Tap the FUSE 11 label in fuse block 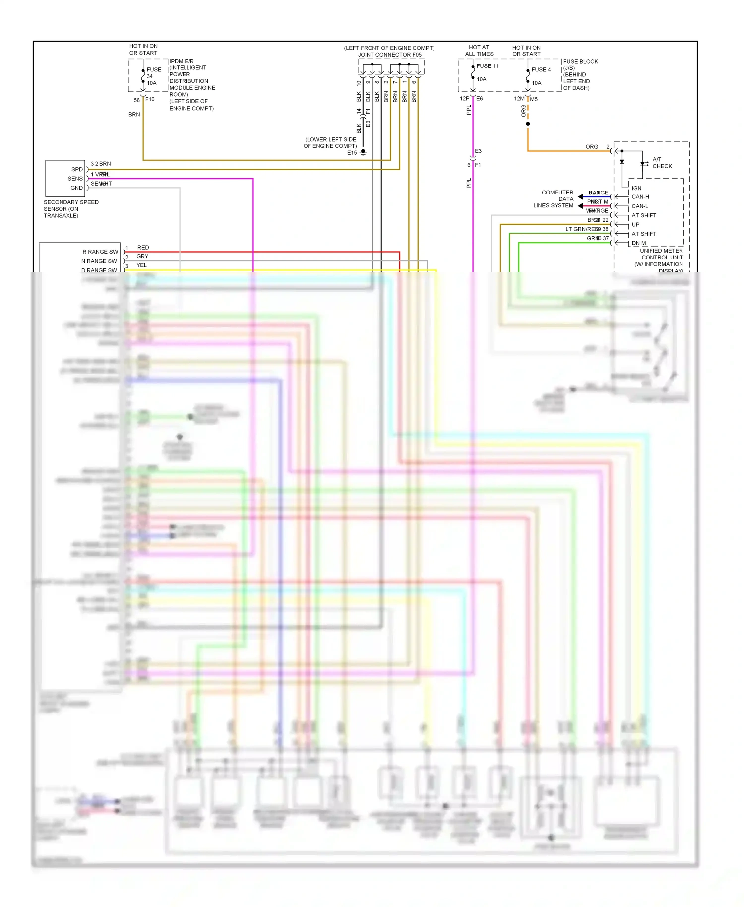point(487,66)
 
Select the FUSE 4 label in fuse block point(541,70)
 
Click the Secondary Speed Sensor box point(65,179)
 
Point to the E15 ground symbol point(363,152)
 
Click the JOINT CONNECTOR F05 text point(389,55)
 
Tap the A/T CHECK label point(662,163)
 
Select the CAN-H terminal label point(640,197)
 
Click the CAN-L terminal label point(639,206)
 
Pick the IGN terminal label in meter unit point(636,188)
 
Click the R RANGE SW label point(100,252)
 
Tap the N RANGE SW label point(99,261)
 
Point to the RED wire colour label point(143,247)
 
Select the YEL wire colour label point(141,265)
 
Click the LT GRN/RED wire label point(582,229)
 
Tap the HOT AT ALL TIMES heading point(479,51)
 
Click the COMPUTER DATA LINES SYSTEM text point(554,199)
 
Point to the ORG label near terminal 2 point(592,147)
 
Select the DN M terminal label point(638,243)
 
